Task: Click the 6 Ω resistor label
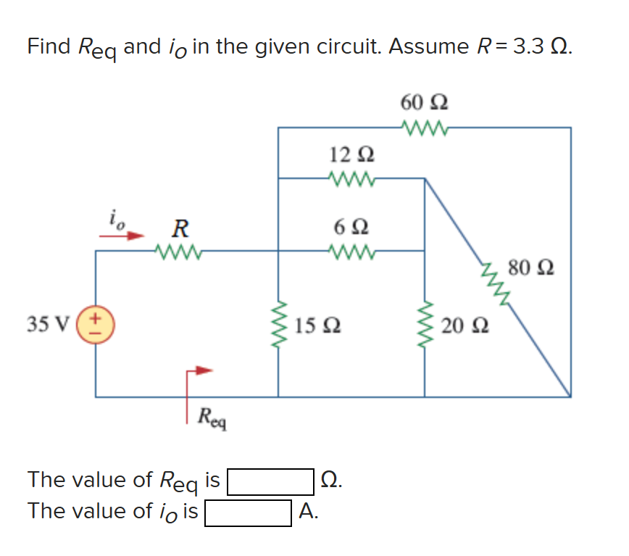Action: coord(351,226)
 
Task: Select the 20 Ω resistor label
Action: coord(462,326)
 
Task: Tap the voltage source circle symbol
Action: coord(96,323)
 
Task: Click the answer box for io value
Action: coord(249,513)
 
